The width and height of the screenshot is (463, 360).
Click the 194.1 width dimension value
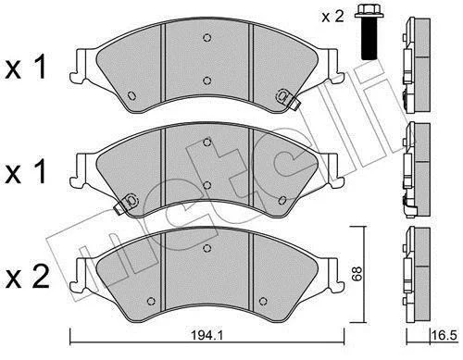[x=206, y=335]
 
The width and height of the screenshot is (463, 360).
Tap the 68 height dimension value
[x=357, y=273]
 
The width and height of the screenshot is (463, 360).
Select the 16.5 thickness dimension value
[x=444, y=335]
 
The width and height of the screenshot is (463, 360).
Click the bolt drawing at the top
[x=369, y=32]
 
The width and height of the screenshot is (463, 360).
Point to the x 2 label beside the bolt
[x=332, y=17]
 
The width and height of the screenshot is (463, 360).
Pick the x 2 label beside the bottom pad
[x=27, y=277]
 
